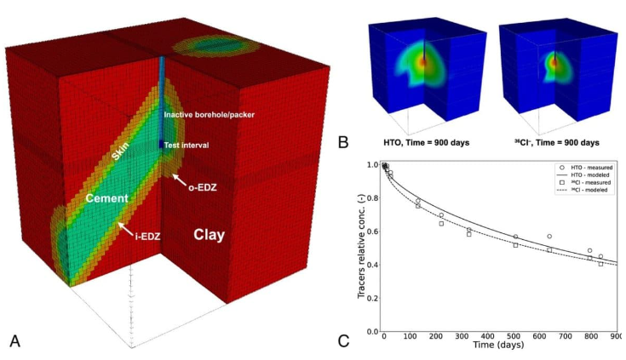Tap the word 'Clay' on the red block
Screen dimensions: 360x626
click(210, 234)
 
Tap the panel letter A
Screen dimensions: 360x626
click(14, 340)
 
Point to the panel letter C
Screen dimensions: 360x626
click(342, 340)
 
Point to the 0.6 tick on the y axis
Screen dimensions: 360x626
click(372, 231)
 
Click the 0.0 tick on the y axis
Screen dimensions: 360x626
click(372, 331)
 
